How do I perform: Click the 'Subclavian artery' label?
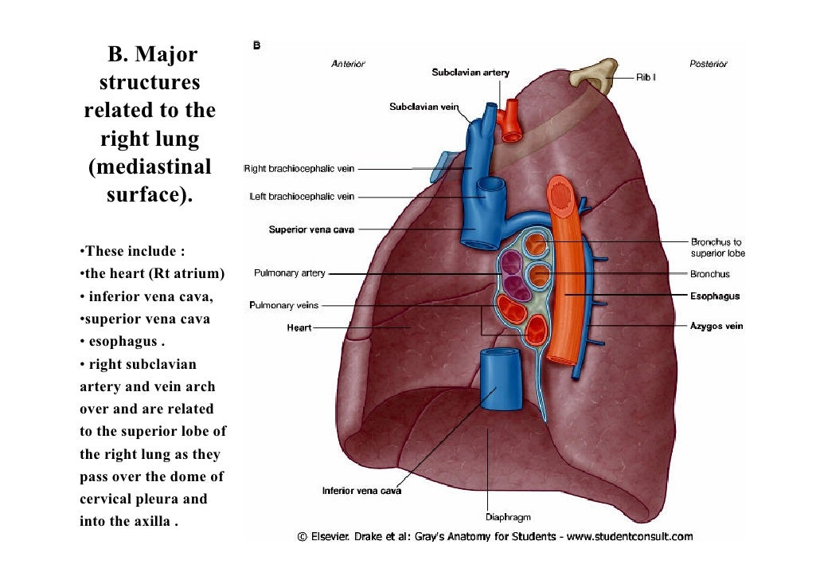tap(471, 72)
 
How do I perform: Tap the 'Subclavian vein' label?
tap(423, 107)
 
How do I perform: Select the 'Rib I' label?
tap(645, 78)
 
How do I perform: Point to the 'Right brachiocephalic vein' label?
tap(299, 169)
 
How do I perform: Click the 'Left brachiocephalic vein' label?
tap(302, 197)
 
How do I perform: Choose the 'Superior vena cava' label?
tap(311, 230)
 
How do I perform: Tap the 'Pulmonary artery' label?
tap(289, 273)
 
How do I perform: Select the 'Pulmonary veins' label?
tap(283, 305)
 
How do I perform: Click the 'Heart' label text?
tap(299, 328)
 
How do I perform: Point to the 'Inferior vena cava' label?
tap(361, 491)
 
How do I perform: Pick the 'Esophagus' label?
tap(714, 296)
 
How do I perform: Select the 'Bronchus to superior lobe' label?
tap(717, 247)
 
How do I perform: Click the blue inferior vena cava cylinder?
tap(497, 378)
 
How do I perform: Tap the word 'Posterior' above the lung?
tap(707, 64)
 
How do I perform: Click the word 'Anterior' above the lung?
tap(348, 64)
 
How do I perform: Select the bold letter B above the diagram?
tap(257, 45)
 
